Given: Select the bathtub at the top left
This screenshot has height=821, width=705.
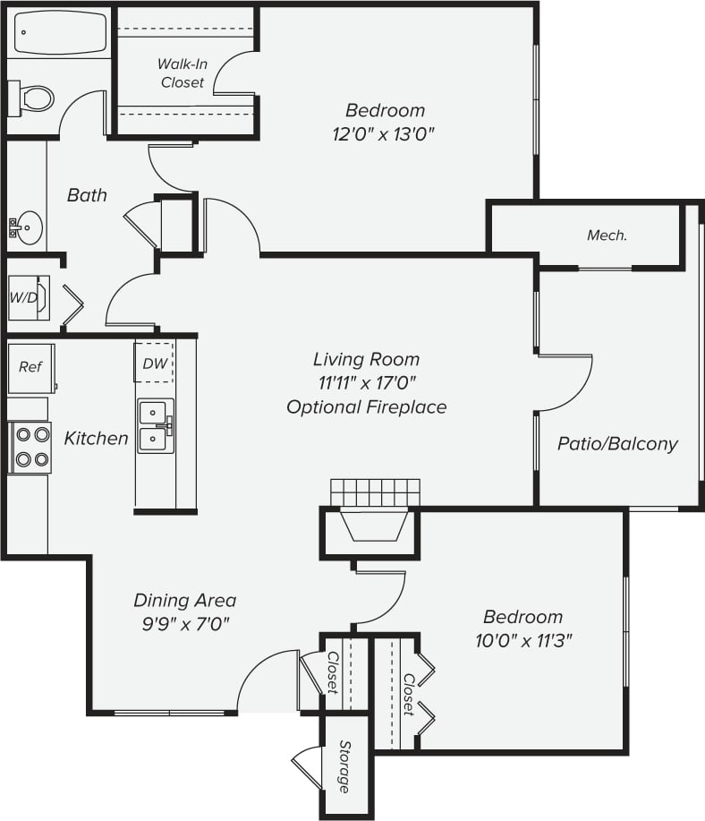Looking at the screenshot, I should pos(59,33).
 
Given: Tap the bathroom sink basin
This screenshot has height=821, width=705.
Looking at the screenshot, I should pos(28,227).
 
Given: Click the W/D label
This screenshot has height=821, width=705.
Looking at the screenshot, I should pos(24,297).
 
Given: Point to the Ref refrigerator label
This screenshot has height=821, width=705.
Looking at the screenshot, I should pos(30,366).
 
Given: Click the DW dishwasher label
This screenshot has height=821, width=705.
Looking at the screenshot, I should pos(154,363).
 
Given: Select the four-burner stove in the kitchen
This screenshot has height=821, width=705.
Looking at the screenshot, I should pos(31,448).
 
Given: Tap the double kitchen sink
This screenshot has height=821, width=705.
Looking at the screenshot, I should pos(155,426).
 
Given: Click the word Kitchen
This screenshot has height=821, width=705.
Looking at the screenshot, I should pos(96,439).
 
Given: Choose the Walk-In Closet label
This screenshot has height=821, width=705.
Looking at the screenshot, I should pos(182,73).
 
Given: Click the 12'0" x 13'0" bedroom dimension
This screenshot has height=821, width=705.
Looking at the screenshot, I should pos(385,134).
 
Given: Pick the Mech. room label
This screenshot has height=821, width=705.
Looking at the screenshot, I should pos(606,235).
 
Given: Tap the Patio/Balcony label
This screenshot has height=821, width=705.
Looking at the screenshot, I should pos(617,443).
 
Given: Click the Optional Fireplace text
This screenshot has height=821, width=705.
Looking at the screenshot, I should pos(366,407).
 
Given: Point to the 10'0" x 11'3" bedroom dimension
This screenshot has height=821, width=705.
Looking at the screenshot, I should pos(522,640).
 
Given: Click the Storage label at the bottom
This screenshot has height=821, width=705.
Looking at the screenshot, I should pos(344,766).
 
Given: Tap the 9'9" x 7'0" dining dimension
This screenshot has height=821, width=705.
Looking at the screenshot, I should pos(184,624).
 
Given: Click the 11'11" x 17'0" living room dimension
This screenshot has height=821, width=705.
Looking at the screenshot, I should pos(366,383).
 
